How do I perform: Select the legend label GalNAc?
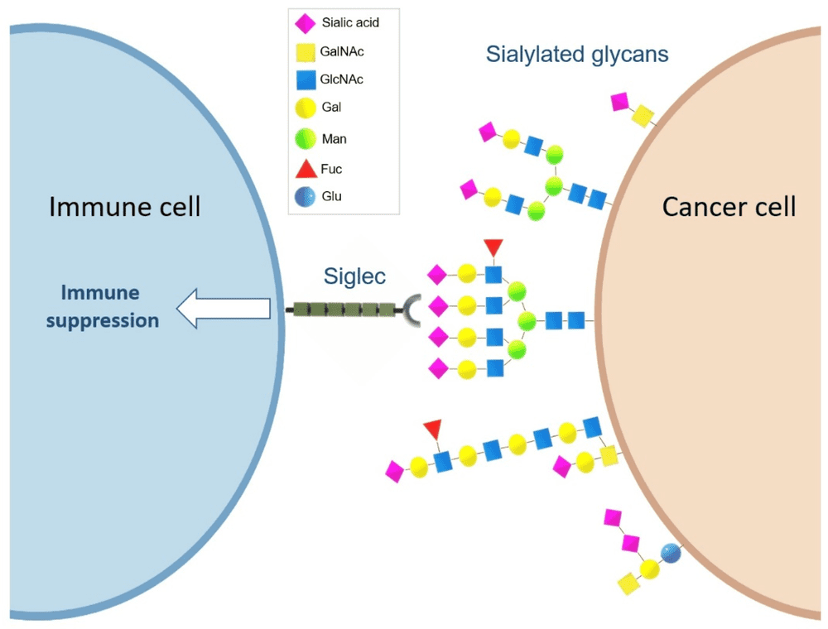pos(342,51)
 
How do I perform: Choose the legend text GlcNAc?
pos(341,79)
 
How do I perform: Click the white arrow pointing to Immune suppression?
pos(224,309)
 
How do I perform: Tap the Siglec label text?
pos(354,276)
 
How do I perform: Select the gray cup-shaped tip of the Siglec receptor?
pos(412,310)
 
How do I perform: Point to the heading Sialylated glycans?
pos(577,55)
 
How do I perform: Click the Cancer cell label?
pos(729,206)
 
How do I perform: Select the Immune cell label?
pos(125,206)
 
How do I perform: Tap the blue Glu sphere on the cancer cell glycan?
pos(669,553)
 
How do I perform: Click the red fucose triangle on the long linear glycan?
pos(432,429)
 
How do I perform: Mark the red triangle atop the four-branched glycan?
pos(493,247)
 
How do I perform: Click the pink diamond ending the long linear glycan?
pos(395,472)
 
